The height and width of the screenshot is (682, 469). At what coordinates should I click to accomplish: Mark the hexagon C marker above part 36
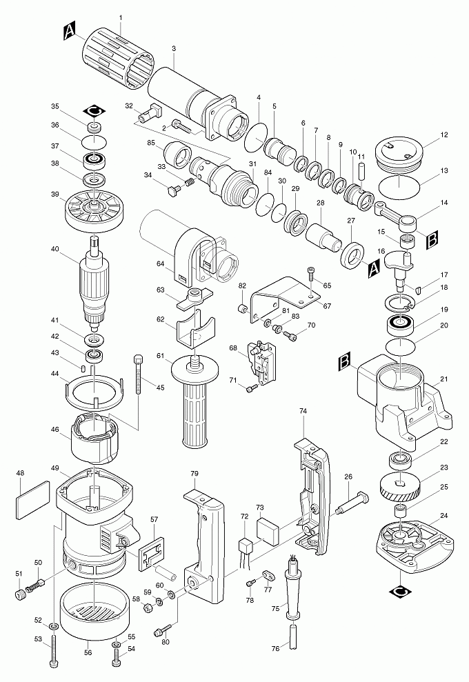pyautogui.click(x=94, y=110)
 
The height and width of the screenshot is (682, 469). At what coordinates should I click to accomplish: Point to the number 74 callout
pyautogui.click(x=303, y=410)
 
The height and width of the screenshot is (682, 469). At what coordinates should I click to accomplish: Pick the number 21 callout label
pyautogui.click(x=444, y=379)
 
